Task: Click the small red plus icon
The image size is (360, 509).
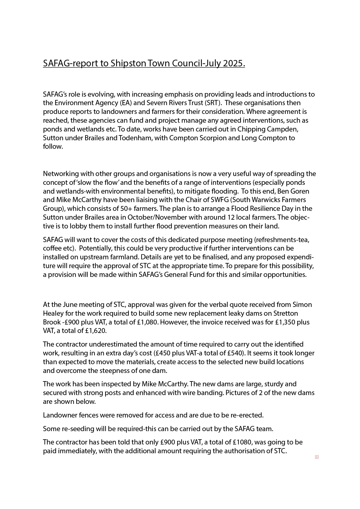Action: [x=317, y=457]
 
